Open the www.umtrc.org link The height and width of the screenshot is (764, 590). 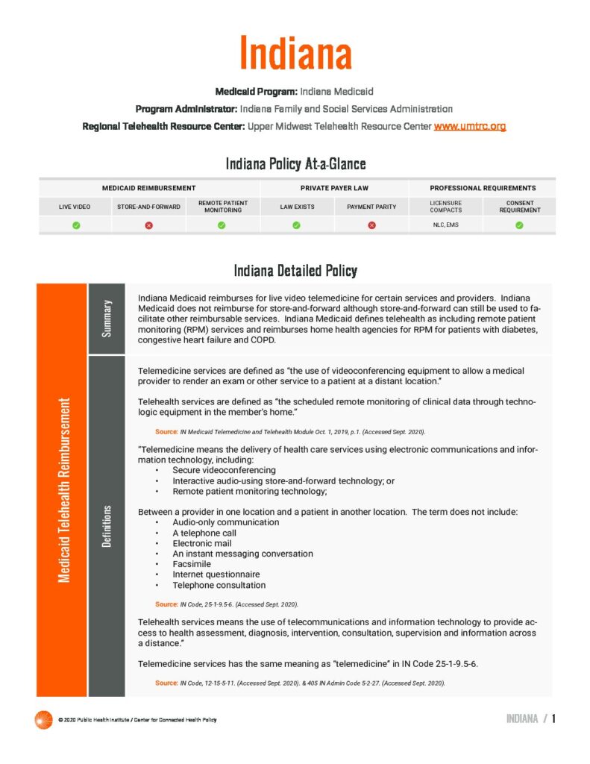pyautogui.click(x=470, y=127)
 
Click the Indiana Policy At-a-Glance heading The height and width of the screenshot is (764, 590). pyautogui.click(x=295, y=163)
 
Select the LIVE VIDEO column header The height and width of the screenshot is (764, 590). pyautogui.click(x=76, y=207)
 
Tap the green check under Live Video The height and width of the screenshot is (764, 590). pyautogui.click(x=76, y=225)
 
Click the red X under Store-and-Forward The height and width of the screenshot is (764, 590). pyautogui.click(x=149, y=225)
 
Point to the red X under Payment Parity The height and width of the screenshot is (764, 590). pyautogui.click(x=371, y=225)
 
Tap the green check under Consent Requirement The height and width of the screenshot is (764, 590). pyautogui.click(x=519, y=225)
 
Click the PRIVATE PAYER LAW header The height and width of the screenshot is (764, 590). pyautogui.click(x=334, y=188)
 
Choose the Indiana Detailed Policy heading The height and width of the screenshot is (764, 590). pyautogui.click(x=295, y=270)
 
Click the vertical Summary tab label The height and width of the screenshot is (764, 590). pyautogui.click(x=107, y=319)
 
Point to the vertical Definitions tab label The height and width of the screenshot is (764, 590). pyautogui.click(x=107, y=526)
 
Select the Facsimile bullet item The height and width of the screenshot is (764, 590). pyautogui.click(x=192, y=564)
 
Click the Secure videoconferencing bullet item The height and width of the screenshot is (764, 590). pyautogui.click(x=224, y=471)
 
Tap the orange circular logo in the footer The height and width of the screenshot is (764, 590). pyautogui.click(x=44, y=719)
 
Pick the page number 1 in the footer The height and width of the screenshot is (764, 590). pyautogui.click(x=554, y=719)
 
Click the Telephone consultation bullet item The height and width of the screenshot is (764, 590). pyautogui.click(x=219, y=585)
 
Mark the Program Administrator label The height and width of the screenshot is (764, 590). pyautogui.click(x=186, y=109)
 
